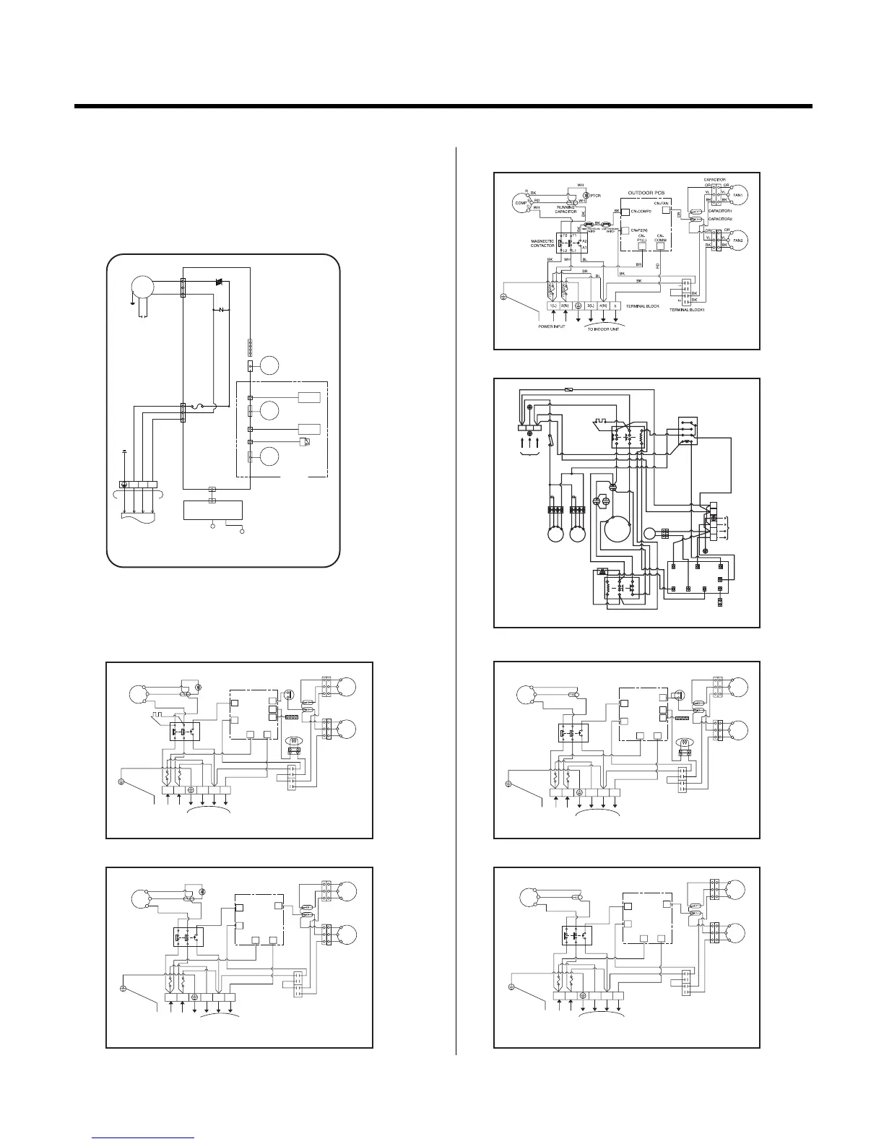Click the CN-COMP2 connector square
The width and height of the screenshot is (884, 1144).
point(625,212)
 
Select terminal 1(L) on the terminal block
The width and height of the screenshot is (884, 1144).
point(553,306)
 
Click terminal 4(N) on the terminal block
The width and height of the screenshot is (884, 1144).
point(603,306)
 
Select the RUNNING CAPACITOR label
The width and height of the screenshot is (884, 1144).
point(565,210)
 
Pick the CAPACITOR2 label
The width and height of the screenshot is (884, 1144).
point(719,219)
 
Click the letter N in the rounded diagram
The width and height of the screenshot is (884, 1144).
point(221,310)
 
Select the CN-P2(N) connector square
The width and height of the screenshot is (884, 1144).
point(625,231)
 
